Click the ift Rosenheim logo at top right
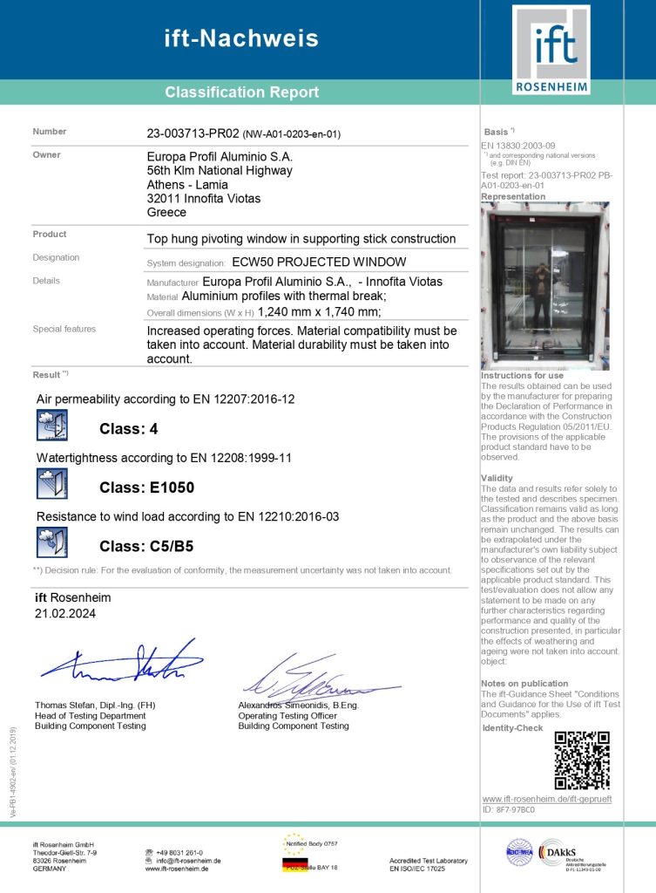click(x=551, y=50)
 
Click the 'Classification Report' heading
click(x=241, y=92)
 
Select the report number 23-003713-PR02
click(x=193, y=133)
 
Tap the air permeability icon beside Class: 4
click(x=51, y=426)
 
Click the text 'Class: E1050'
click(x=146, y=487)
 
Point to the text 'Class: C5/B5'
click(x=146, y=546)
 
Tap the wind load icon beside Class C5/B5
click(x=51, y=542)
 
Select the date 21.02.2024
click(x=59, y=614)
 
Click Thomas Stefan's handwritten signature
click(x=122, y=664)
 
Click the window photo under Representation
click(x=545, y=286)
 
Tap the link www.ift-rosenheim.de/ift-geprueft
click(x=546, y=799)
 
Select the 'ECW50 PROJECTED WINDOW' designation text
click(x=319, y=262)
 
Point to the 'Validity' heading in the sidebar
click(x=497, y=478)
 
